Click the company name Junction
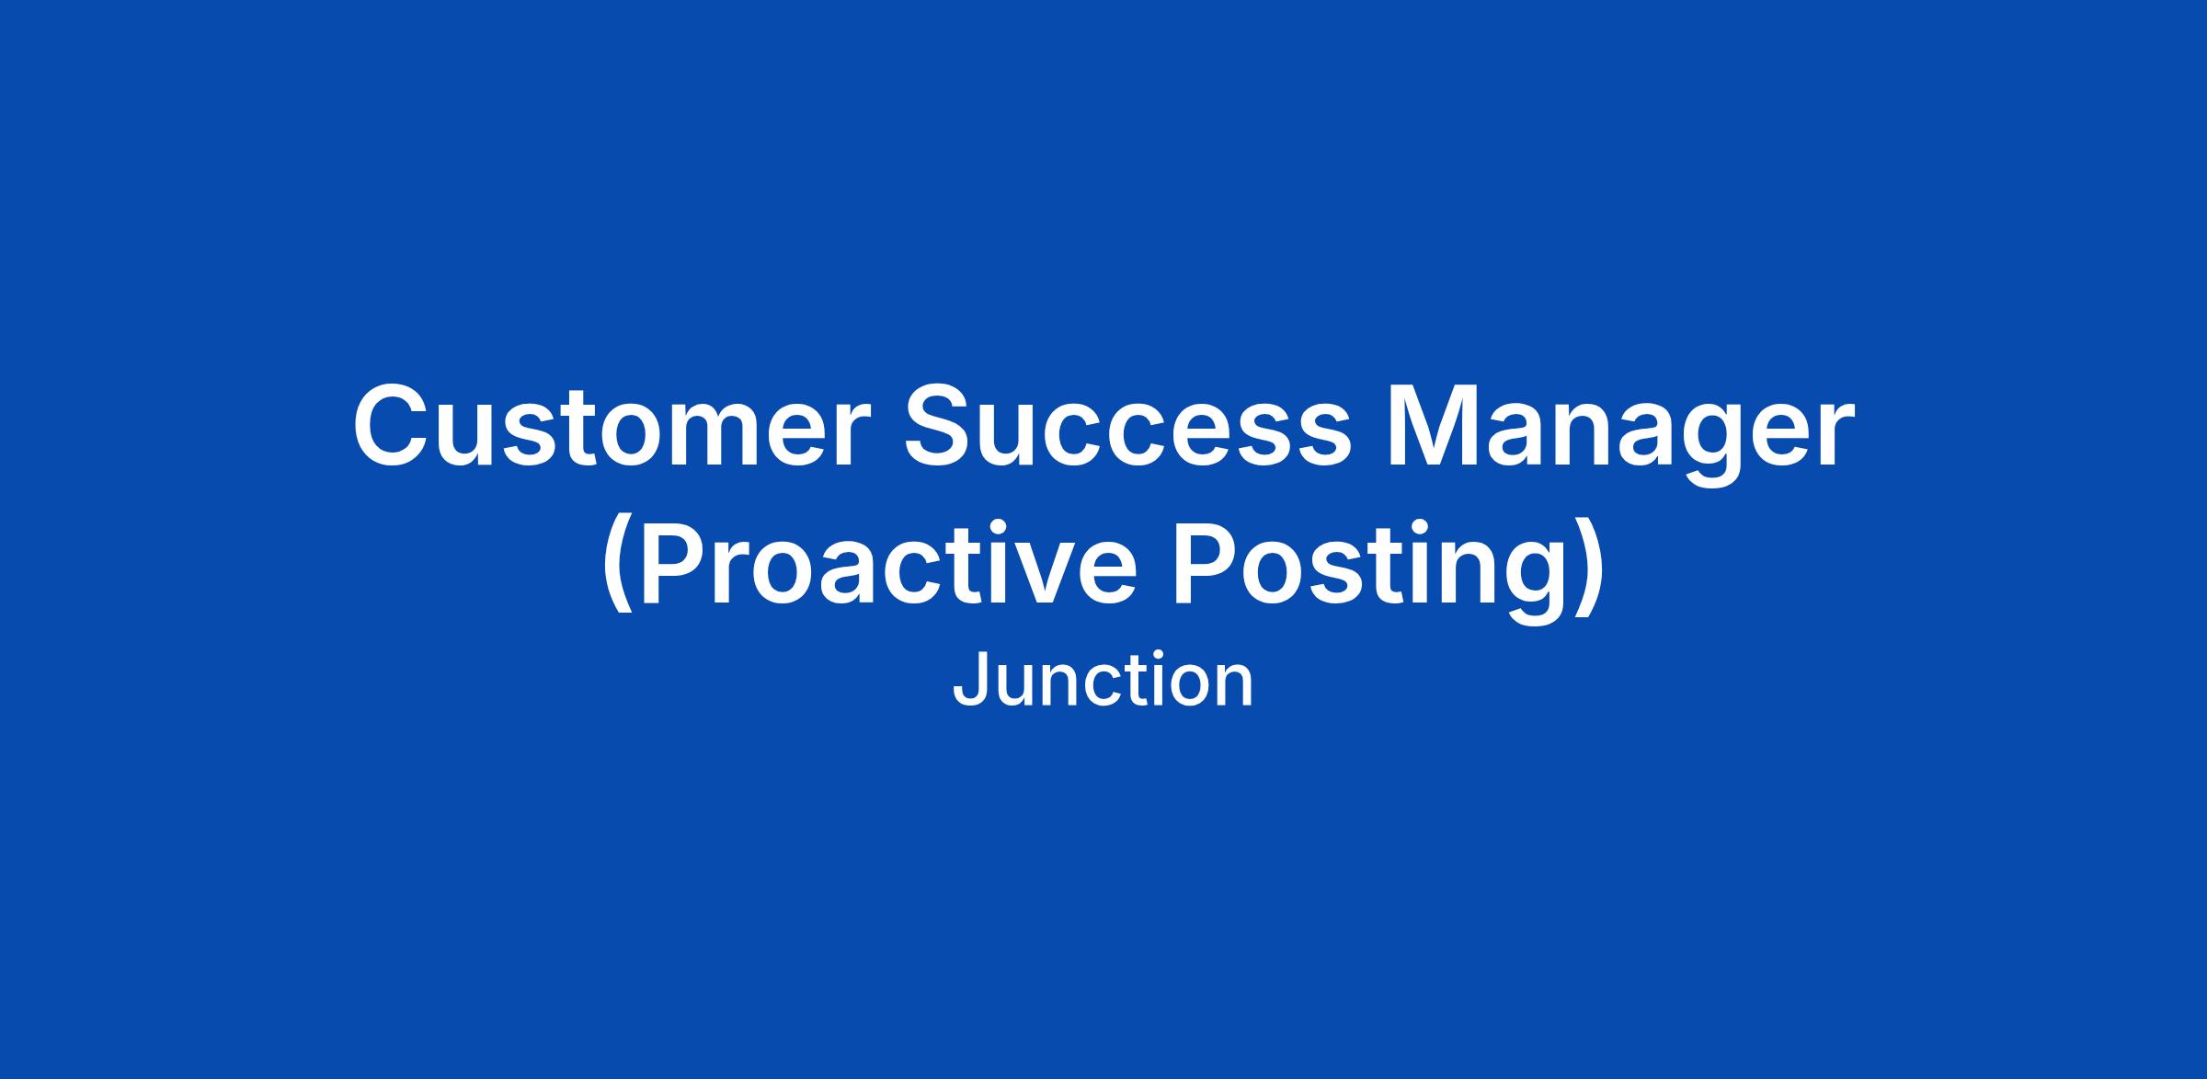tap(1103, 681)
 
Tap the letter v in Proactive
tap(1011, 574)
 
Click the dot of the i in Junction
tap(1149, 656)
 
